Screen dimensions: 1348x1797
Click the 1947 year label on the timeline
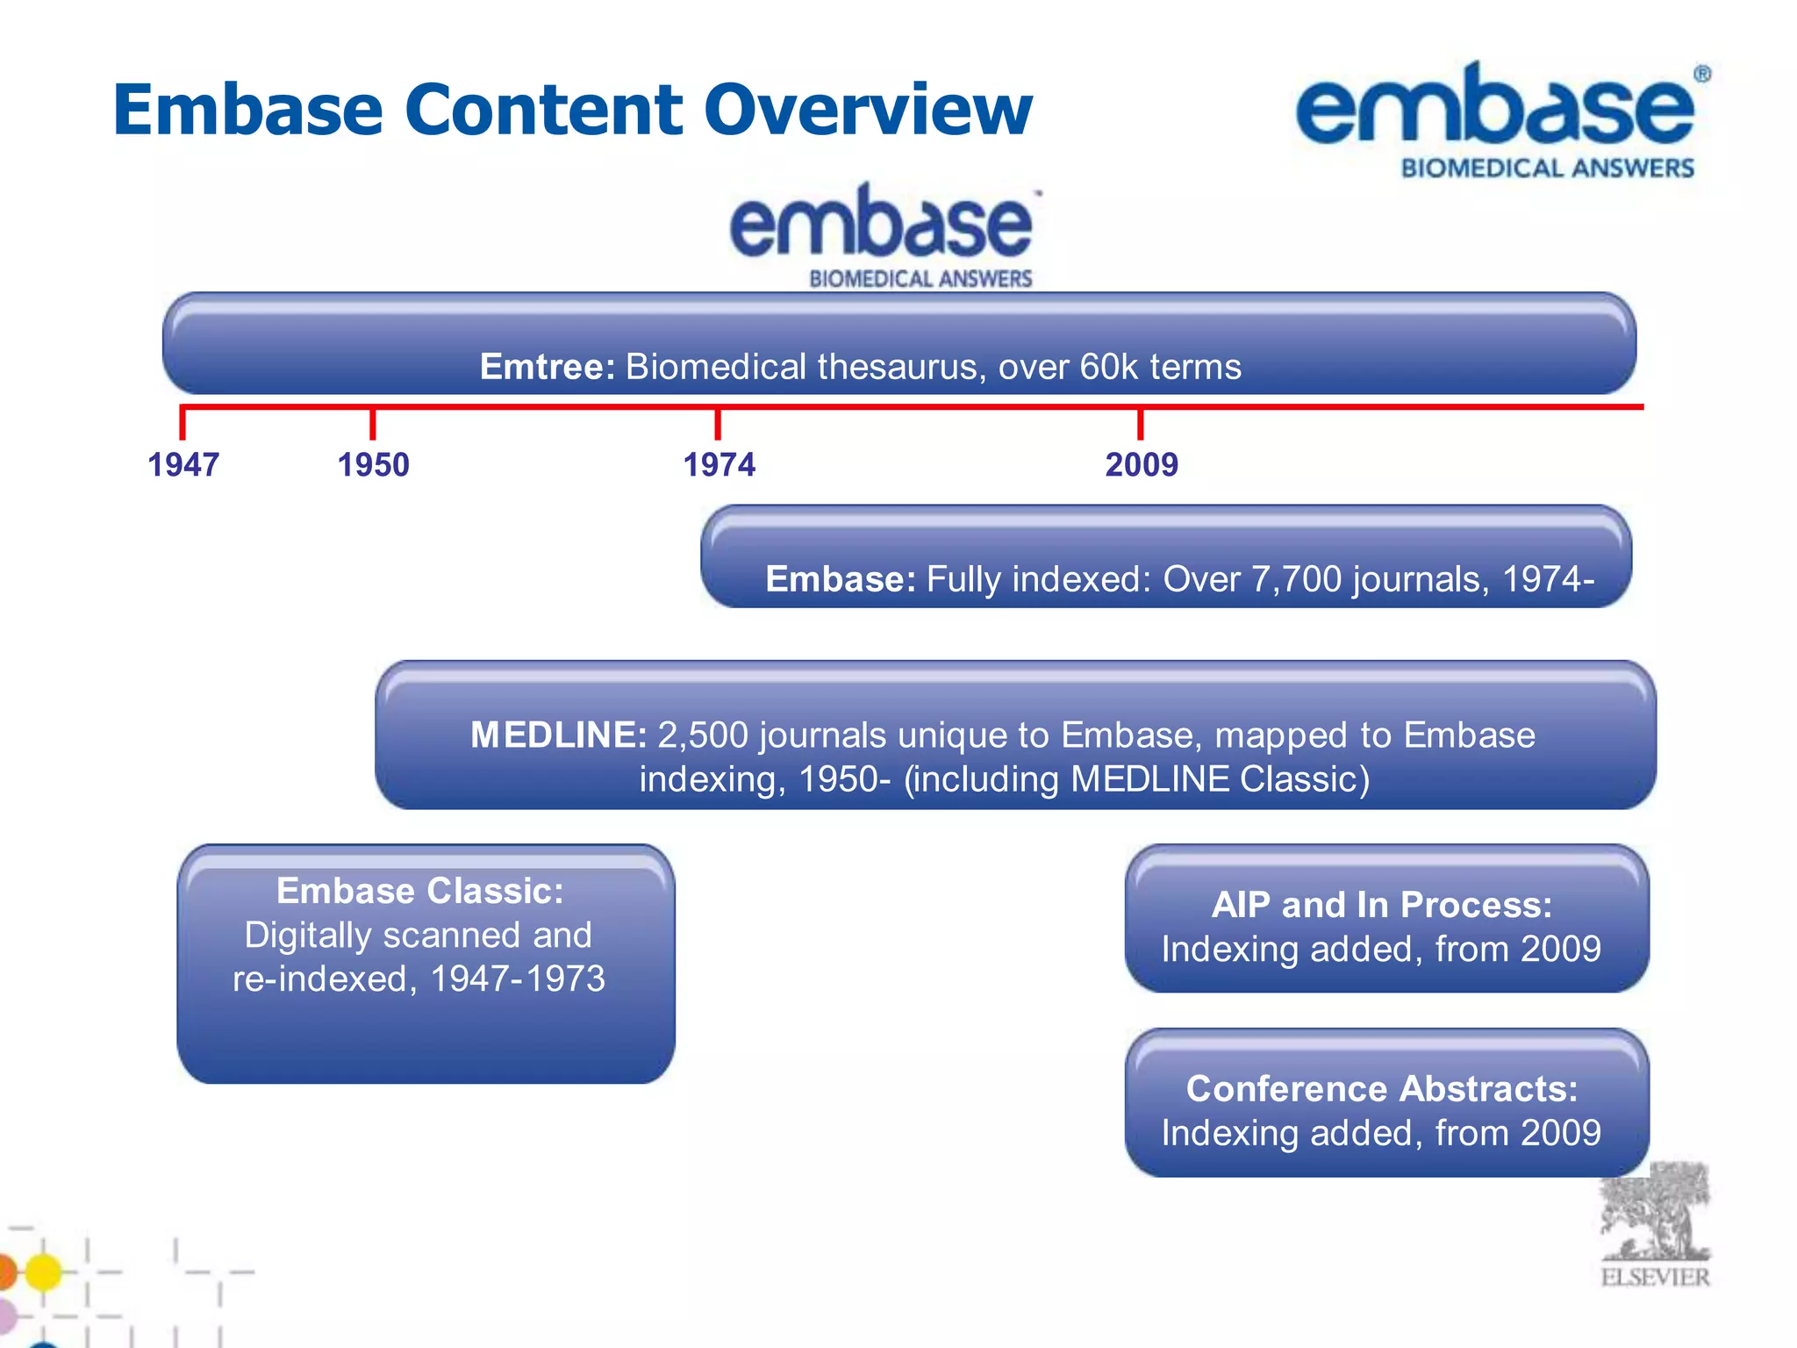(x=183, y=464)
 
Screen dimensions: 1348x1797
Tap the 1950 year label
(x=374, y=464)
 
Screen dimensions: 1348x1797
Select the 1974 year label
(x=720, y=464)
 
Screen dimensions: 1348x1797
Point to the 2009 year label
(x=1142, y=464)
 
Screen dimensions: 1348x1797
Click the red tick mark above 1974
(x=718, y=424)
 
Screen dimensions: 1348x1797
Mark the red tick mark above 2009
(x=1140, y=424)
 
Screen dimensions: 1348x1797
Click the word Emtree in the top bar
(x=546, y=367)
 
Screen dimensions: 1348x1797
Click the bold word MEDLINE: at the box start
(x=559, y=735)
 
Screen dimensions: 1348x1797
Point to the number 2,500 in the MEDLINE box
(x=702, y=735)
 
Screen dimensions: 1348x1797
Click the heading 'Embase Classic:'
(x=420, y=891)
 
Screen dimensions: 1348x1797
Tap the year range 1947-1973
(x=518, y=979)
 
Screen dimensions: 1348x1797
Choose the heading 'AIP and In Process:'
(x=1382, y=905)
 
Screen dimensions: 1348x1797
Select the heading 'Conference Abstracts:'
(x=1382, y=1089)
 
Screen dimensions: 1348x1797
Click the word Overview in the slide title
(x=868, y=110)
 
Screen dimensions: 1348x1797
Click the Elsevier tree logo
(x=1655, y=1215)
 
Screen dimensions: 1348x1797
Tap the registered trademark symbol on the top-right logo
(x=1701, y=75)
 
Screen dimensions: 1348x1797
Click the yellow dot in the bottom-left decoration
(x=43, y=1272)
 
